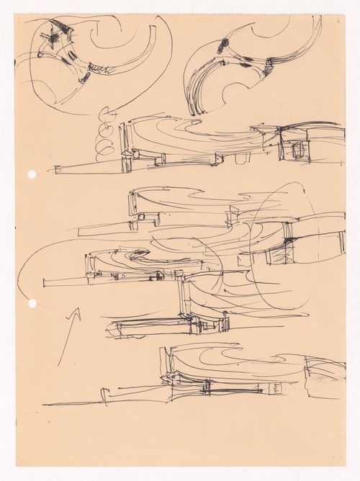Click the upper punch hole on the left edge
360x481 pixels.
(x=32, y=175)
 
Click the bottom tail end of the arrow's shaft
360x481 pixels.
(x=60, y=361)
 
